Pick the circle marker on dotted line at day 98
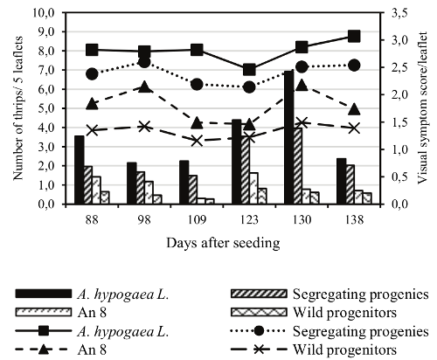tap(145, 61)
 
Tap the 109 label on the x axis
tap(197, 218)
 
